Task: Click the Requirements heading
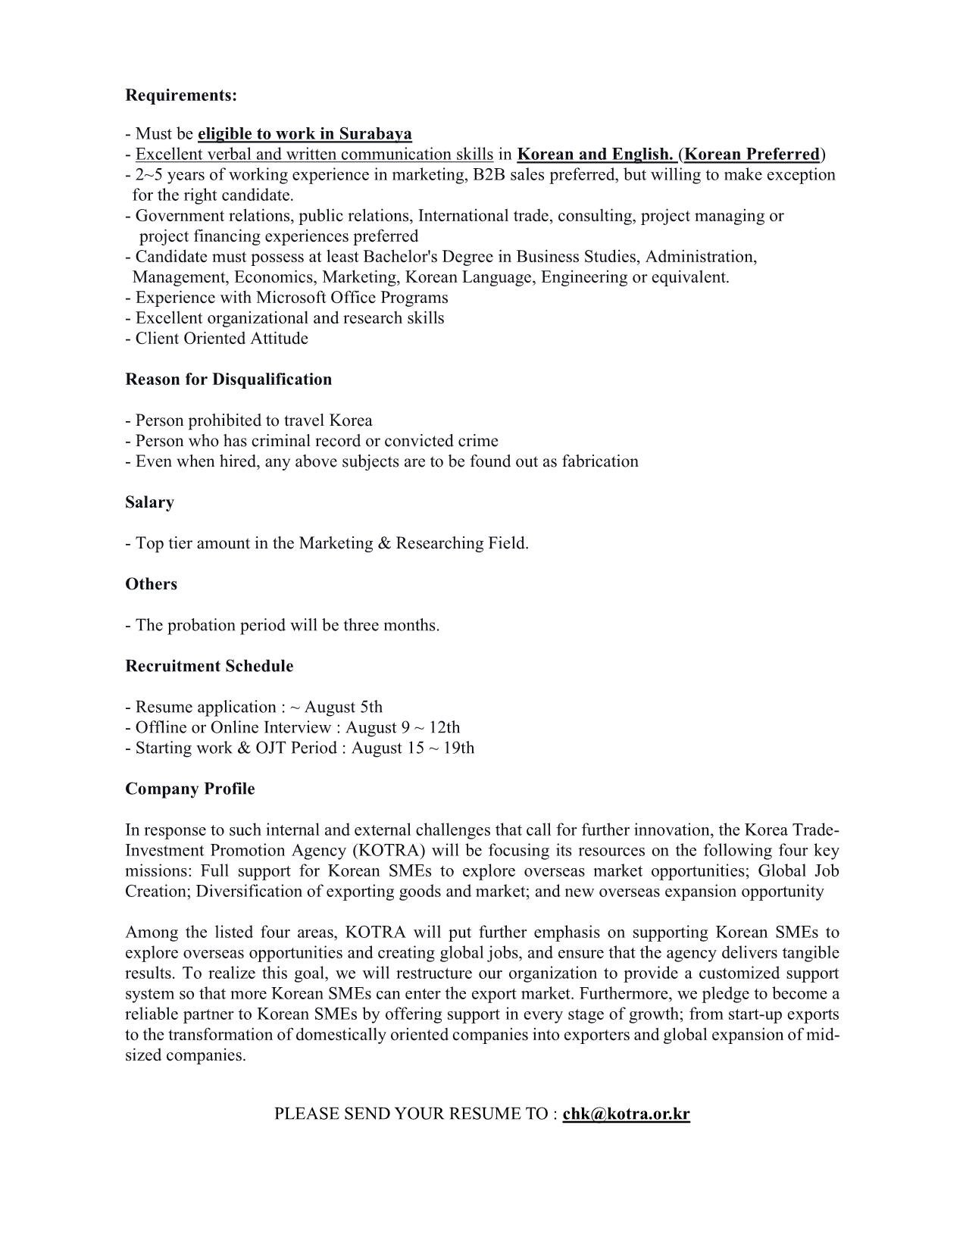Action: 181,95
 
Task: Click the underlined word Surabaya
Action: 375,134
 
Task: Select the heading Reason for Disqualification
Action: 228,380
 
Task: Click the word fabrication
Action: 599,461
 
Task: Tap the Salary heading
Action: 149,502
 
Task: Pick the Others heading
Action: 151,584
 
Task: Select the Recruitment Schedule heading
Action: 209,666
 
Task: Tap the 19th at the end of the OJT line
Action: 458,748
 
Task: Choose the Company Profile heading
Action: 189,789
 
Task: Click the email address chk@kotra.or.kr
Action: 626,1114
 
